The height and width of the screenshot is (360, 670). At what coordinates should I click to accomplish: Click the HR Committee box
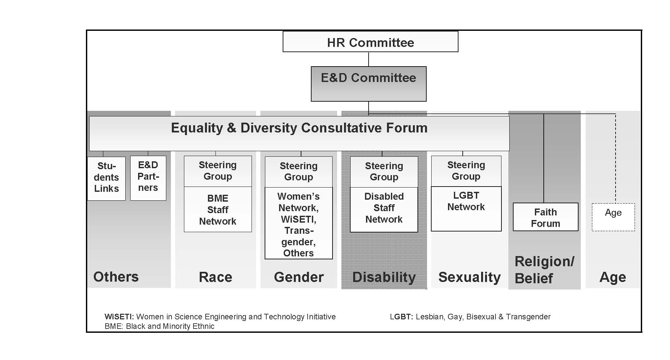370,42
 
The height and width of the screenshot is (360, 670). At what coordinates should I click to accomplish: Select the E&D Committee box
369,84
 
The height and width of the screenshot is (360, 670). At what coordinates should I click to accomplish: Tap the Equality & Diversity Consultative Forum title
299,128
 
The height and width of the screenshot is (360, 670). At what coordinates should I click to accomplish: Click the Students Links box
106,178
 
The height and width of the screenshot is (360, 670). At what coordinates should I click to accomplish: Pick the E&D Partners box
148,178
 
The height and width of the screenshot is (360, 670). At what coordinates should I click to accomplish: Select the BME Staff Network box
218,210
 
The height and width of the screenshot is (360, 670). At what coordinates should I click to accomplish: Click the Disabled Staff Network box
384,210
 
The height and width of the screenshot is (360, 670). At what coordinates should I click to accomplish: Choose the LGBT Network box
466,209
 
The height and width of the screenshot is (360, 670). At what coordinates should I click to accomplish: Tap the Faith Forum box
545,217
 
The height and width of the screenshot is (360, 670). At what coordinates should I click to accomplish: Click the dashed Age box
613,217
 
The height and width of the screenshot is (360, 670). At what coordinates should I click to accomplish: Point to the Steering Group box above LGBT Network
466,171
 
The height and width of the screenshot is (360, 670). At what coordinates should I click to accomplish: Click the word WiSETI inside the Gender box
298,219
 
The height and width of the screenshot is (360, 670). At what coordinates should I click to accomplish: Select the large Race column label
215,277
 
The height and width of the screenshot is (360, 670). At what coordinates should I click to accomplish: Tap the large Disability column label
384,277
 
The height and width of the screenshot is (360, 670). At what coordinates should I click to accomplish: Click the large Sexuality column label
470,277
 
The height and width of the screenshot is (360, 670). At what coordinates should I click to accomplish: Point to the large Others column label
116,277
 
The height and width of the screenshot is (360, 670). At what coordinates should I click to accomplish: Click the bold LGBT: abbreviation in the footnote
401,317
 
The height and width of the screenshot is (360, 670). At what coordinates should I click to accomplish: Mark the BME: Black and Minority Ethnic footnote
159,326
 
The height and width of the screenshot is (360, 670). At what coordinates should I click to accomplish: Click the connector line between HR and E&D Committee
369,59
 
